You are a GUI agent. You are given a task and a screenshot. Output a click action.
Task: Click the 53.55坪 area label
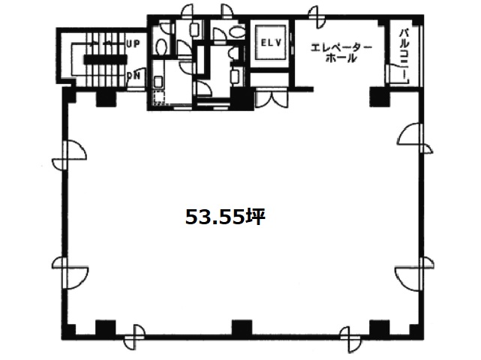225,217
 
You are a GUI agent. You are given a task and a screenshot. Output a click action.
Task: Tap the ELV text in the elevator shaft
271,43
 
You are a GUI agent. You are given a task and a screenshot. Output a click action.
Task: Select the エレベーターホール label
341,52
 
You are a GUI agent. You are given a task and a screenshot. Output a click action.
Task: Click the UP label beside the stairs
134,43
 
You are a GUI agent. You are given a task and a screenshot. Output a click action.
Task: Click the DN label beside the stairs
134,76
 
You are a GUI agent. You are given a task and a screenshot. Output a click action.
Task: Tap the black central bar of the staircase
105,59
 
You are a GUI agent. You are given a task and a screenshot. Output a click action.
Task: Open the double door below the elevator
272,97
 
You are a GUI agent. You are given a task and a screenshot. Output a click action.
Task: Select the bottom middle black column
242,328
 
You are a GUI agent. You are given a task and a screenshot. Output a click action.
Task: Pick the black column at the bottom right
379,328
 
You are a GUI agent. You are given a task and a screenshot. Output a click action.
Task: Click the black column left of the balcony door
379,96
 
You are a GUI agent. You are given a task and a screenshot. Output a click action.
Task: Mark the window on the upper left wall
69,154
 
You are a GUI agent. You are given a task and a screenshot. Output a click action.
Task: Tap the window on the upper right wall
416,138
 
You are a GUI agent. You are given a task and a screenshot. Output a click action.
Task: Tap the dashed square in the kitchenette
159,97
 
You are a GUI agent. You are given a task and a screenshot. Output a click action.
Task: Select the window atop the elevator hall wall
314,15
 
